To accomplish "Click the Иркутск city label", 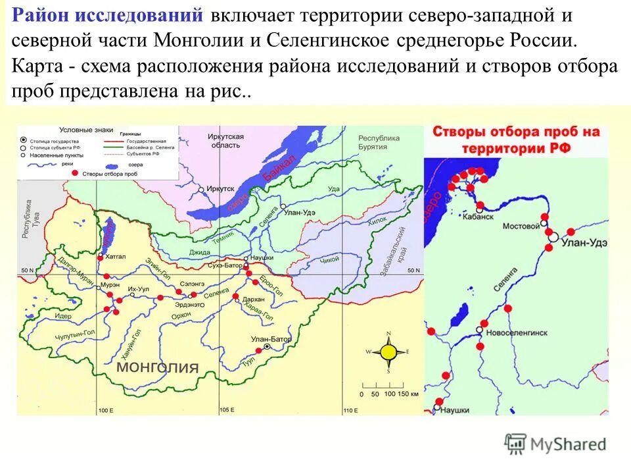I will pyautogui.click(x=220, y=188).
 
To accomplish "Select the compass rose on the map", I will pyautogui.click(x=388, y=352).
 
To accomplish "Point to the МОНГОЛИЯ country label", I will pyautogui.click(x=158, y=367).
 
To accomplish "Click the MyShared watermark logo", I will pyautogui.click(x=555, y=445).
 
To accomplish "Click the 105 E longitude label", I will pyautogui.click(x=226, y=410).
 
